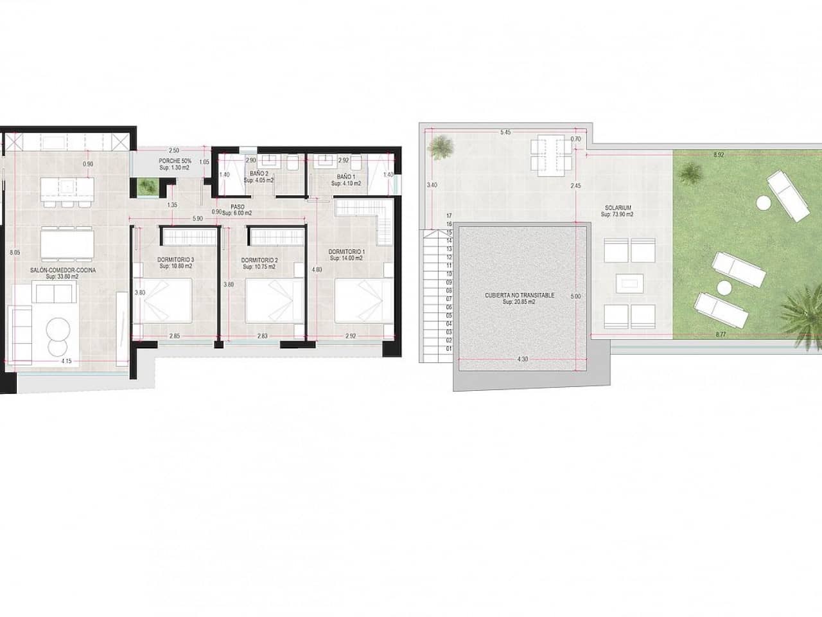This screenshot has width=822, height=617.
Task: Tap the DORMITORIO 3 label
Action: click(x=175, y=260)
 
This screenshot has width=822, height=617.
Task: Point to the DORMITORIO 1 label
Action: click(x=346, y=251)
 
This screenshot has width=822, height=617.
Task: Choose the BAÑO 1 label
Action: click(x=345, y=176)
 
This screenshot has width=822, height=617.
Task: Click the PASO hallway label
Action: click(x=237, y=207)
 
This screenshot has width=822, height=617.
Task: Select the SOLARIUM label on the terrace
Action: click(x=618, y=208)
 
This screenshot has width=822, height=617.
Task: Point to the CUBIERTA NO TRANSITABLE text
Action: click(x=520, y=296)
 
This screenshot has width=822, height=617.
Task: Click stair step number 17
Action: click(x=448, y=215)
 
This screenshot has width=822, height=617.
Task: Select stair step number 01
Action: click(x=448, y=348)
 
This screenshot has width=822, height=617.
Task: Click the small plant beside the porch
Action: click(x=147, y=187)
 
